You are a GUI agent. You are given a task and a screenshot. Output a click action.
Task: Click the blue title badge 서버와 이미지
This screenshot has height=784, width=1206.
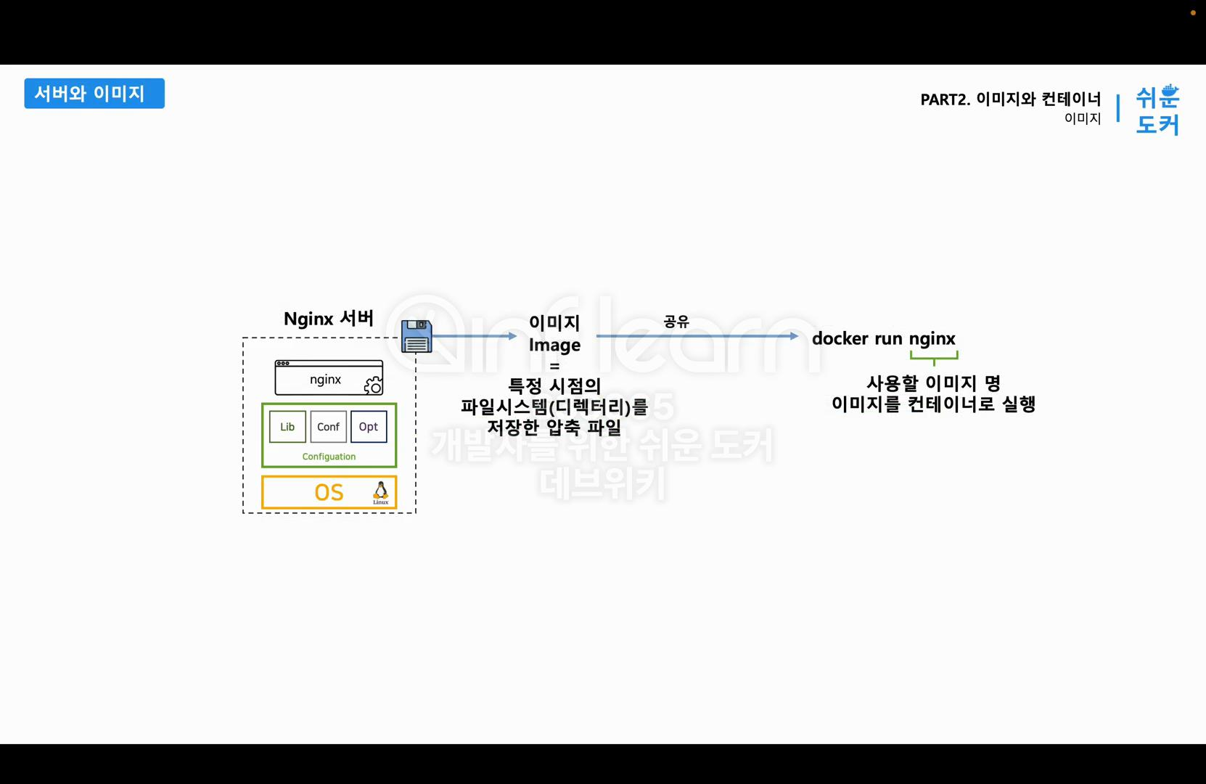(94, 94)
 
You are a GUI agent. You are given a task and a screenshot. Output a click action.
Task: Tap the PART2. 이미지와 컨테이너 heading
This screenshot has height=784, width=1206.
(1010, 99)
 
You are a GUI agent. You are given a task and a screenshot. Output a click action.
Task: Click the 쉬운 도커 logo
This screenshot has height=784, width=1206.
(1157, 110)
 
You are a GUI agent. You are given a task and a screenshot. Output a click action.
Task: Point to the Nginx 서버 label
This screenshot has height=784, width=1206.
(328, 319)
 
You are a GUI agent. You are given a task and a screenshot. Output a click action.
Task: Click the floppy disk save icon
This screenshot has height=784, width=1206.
(417, 336)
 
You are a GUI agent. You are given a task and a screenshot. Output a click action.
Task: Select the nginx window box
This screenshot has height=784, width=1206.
(328, 378)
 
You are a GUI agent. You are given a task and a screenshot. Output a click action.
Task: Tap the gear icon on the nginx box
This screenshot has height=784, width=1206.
(373, 385)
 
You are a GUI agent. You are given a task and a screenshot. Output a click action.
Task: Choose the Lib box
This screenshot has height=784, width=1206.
(287, 427)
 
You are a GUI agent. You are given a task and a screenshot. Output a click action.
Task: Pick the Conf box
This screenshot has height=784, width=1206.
(328, 427)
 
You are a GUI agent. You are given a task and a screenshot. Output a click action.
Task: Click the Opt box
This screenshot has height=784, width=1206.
(369, 427)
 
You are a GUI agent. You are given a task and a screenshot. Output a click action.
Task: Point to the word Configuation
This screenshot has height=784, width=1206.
(329, 457)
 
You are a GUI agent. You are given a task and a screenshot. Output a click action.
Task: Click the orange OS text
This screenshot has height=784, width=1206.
(329, 493)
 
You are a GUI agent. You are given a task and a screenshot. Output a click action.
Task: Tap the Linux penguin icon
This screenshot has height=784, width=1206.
(380, 493)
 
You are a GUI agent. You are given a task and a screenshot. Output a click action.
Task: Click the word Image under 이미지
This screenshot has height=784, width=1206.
(554, 345)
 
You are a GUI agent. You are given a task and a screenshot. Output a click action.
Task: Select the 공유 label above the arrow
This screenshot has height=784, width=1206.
(676, 322)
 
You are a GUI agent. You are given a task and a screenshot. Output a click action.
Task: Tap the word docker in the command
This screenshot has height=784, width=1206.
(837, 338)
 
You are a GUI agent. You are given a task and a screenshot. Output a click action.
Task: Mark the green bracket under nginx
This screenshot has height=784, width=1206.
(934, 356)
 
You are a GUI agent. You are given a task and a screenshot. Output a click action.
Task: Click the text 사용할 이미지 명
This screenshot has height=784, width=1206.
(933, 383)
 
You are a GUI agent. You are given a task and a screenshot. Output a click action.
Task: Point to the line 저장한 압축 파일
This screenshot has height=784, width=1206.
(554, 428)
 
